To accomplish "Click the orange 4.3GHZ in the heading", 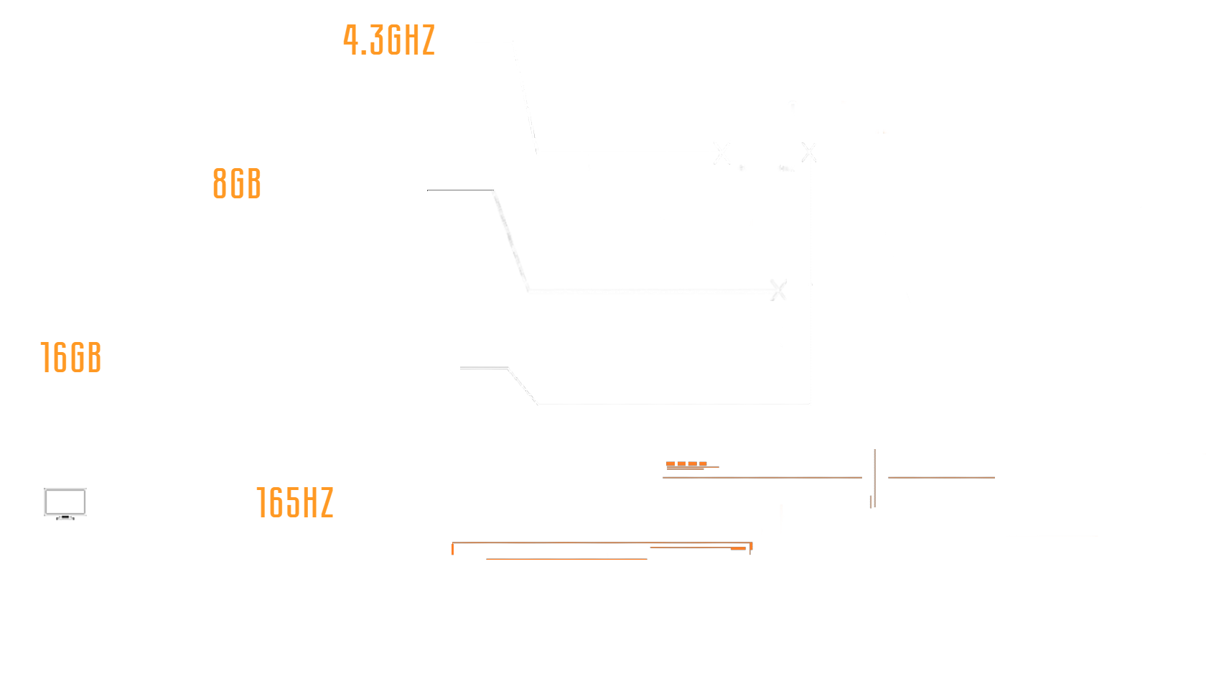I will tap(388, 40).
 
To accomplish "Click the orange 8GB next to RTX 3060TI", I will tap(237, 184).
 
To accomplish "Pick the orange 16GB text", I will tap(71, 358).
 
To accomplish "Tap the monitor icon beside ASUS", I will tap(65, 503).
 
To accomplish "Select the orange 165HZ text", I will tap(295, 502).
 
